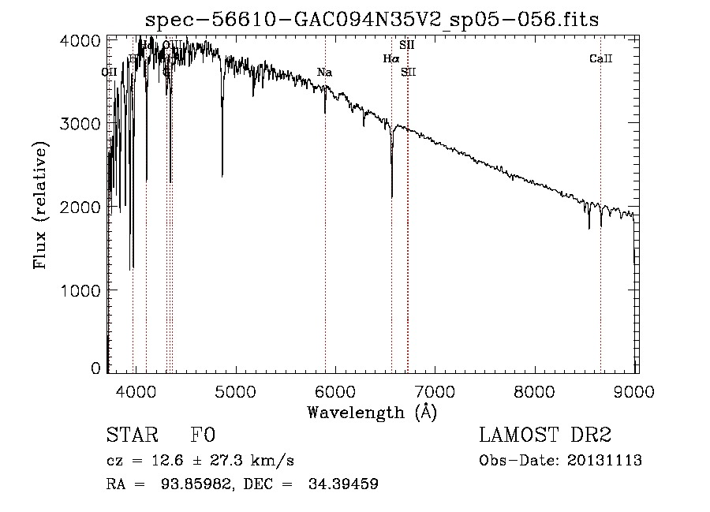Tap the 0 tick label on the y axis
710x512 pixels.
coord(96,368)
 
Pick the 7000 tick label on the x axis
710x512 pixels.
coord(436,390)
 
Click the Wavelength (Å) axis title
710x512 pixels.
coord(372,412)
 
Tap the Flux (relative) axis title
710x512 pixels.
coord(40,205)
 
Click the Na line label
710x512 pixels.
coord(324,73)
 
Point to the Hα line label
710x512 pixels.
coord(391,58)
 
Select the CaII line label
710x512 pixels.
coord(601,59)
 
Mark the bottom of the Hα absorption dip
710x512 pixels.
coord(392,196)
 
